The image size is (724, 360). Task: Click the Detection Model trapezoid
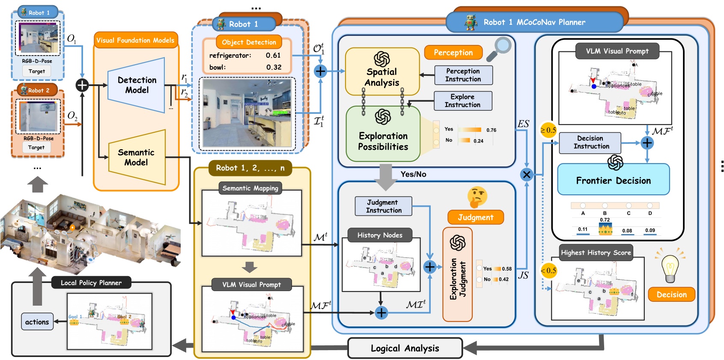pyautogui.click(x=137, y=85)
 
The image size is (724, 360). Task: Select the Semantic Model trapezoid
pyautogui.click(x=136, y=158)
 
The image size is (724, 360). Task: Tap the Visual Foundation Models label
pyautogui.click(x=135, y=40)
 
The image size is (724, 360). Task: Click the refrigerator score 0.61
pyautogui.click(x=273, y=55)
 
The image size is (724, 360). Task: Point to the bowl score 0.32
pyautogui.click(x=274, y=67)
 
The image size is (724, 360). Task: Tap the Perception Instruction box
pyautogui.click(x=463, y=75)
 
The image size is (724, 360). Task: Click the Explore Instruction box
pyautogui.click(x=462, y=101)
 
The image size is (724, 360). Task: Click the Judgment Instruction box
pyautogui.click(x=383, y=206)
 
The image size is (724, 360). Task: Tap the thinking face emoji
pyautogui.click(x=477, y=197)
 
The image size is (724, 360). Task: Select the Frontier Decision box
pyautogui.click(x=613, y=180)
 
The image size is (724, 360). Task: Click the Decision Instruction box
pyautogui.click(x=590, y=143)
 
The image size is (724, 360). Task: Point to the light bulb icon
pyautogui.click(x=670, y=268)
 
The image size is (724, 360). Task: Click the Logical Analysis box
pyautogui.click(x=405, y=348)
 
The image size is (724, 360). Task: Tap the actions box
pyautogui.click(x=37, y=322)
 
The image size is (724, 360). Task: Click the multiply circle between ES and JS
pyautogui.click(x=526, y=175)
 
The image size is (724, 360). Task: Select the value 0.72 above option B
pyautogui.click(x=605, y=220)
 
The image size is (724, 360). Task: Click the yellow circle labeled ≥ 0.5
pyautogui.click(x=548, y=130)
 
